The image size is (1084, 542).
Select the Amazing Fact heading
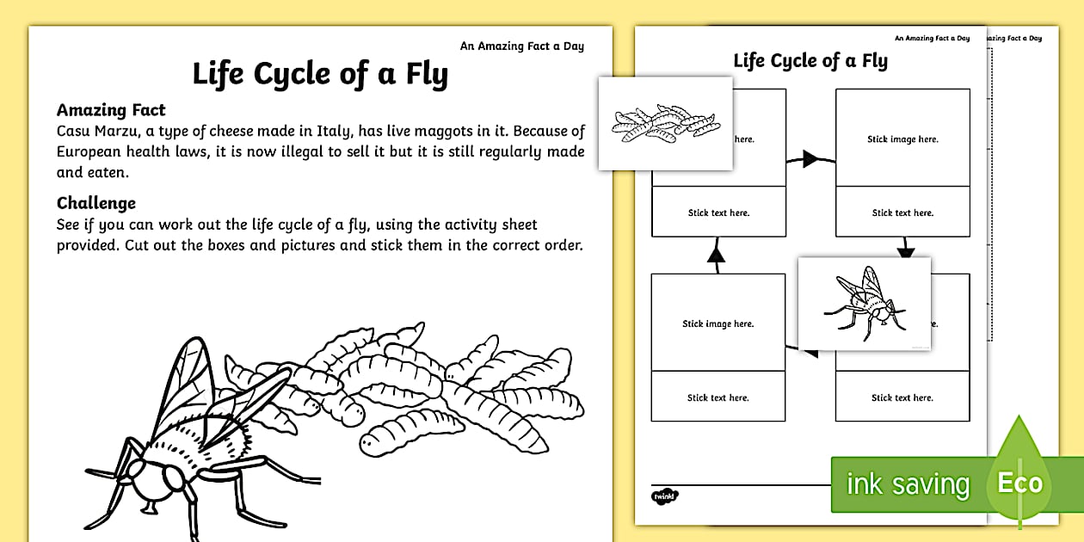pos(111,110)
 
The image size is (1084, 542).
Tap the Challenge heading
pos(96,203)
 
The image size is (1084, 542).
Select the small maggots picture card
pos(665,123)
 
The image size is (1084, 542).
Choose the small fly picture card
pos(864,304)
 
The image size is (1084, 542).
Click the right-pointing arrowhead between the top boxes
pos(810,157)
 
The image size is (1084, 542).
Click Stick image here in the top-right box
pos(902,139)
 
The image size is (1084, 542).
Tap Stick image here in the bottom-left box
pos(718,324)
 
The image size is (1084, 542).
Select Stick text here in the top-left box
pos(718,212)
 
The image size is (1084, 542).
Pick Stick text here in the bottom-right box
pos(902,397)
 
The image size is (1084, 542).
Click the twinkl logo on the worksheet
pos(665,496)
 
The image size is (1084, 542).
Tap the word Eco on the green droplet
pos(1020,483)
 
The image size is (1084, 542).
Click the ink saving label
pos(908,484)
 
